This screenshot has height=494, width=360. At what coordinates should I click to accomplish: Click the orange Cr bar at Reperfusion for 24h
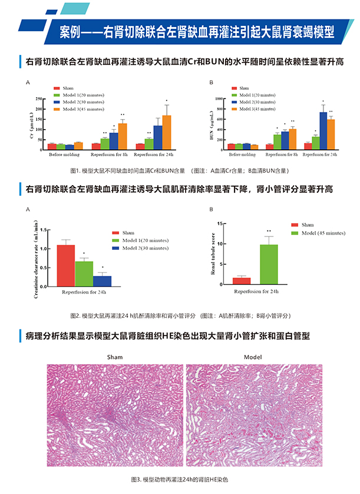tap(167, 131)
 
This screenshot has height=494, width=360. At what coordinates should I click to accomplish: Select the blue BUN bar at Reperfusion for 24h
tap(323, 130)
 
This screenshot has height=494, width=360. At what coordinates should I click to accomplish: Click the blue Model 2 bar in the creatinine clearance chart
tap(102, 280)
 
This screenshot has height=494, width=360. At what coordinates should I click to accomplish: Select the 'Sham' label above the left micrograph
tap(115, 357)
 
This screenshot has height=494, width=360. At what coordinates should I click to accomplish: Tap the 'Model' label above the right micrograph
tap(252, 357)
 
